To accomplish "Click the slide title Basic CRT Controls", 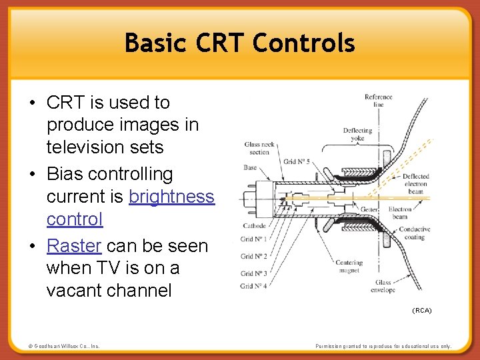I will [x=239, y=43].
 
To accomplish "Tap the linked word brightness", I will [x=171, y=197].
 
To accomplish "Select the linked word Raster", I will [x=74, y=246].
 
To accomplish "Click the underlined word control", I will [x=75, y=219].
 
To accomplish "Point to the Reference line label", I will [x=378, y=101].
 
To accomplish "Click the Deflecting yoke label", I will [x=357, y=135].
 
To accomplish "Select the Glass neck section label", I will [x=259, y=148].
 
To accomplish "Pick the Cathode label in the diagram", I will [x=254, y=226].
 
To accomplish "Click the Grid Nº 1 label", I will [x=253, y=239].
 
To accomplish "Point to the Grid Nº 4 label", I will [x=253, y=286].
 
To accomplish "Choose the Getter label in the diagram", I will [x=369, y=209].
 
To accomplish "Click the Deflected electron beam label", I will [x=415, y=184].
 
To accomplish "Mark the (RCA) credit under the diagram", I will [x=421, y=311].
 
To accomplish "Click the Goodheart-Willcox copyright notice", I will [x=63, y=346].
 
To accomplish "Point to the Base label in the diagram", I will [x=250, y=167].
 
